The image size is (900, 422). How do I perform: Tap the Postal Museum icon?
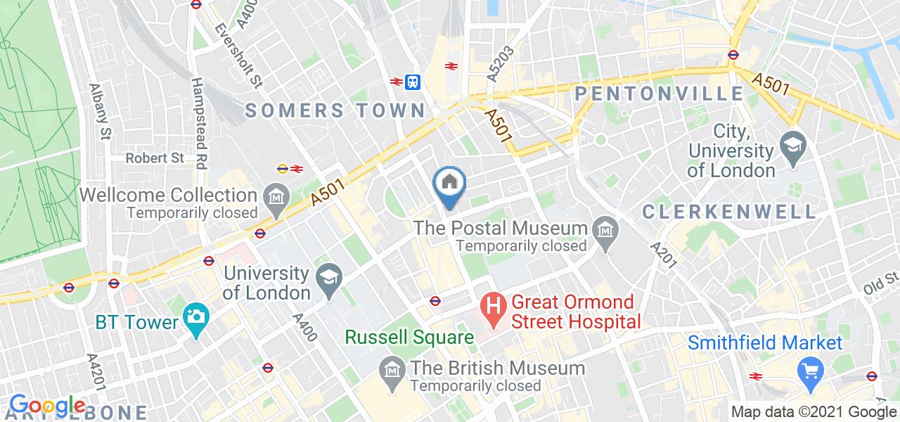(604, 228)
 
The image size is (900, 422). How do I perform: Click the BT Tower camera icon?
(195, 322)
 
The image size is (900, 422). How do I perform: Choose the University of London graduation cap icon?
(328, 274)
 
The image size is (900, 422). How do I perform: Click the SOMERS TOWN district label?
(335, 110)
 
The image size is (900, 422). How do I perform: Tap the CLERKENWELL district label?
(729, 211)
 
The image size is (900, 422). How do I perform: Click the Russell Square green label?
(409, 338)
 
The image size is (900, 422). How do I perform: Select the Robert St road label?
(155, 158)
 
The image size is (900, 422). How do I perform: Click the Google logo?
(47, 406)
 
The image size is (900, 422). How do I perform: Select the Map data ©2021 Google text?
(814, 412)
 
